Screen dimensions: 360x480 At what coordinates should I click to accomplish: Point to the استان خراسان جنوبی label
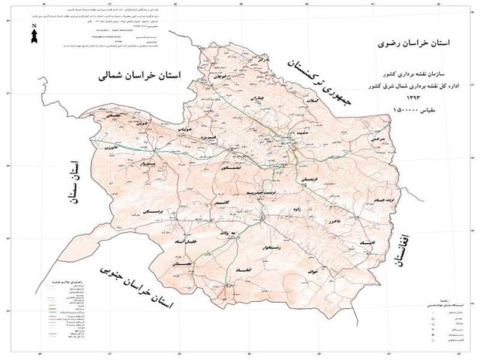click(x=139, y=293)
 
